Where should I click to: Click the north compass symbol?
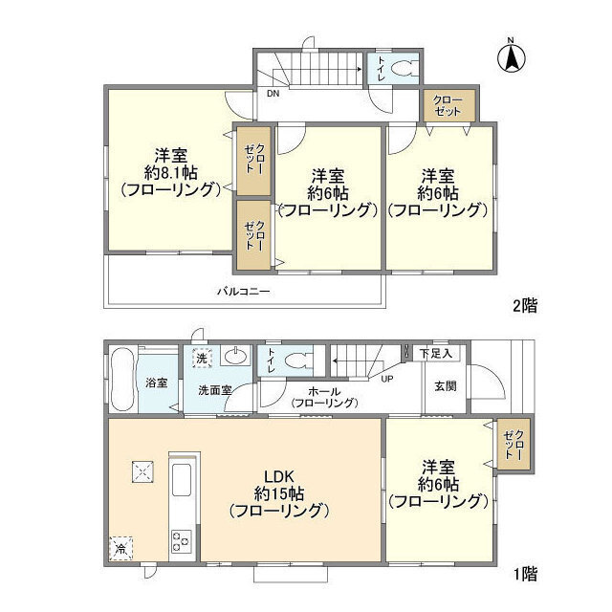(x=511, y=56)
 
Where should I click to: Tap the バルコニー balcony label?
(x=244, y=291)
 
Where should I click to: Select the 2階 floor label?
(x=525, y=305)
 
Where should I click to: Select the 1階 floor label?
(x=525, y=574)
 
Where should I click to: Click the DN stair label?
(x=273, y=94)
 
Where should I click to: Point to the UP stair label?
(x=386, y=379)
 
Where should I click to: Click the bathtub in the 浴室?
(x=122, y=379)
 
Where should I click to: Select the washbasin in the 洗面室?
(x=235, y=355)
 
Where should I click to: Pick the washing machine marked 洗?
(x=202, y=358)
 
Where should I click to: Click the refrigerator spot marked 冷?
(x=120, y=549)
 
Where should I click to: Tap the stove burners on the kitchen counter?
(x=181, y=540)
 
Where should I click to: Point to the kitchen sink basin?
(x=182, y=480)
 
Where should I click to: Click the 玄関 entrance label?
(x=446, y=386)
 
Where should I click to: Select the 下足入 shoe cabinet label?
(x=436, y=354)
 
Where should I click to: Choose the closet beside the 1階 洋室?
(x=514, y=444)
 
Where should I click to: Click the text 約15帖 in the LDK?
(x=278, y=493)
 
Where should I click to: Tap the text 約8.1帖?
(x=171, y=172)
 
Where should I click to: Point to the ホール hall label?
(x=324, y=391)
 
